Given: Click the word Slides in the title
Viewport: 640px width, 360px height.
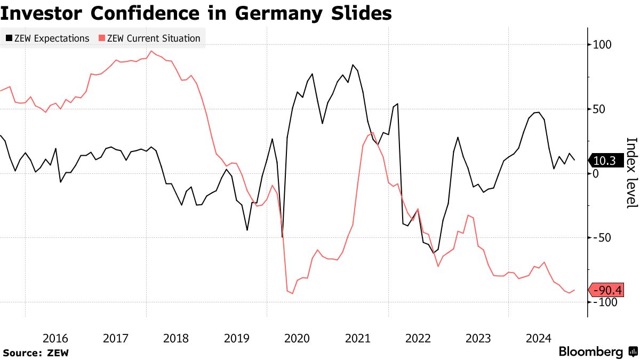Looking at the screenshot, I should (363, 13).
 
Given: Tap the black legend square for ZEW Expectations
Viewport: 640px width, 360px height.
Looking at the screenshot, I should (9, 38).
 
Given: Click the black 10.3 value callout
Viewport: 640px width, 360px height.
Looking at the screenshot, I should (604, 160).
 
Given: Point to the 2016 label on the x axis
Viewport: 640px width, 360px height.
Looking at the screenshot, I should (55, 338).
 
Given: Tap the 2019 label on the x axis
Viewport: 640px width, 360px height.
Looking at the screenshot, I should (236, 338).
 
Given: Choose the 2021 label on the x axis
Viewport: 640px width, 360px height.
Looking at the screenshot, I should (357, 338).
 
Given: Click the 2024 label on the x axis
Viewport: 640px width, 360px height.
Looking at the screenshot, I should (539, 338).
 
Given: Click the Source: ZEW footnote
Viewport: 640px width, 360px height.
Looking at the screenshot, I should (36, 353).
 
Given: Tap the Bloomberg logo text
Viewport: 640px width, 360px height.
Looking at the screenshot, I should (590, 352).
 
